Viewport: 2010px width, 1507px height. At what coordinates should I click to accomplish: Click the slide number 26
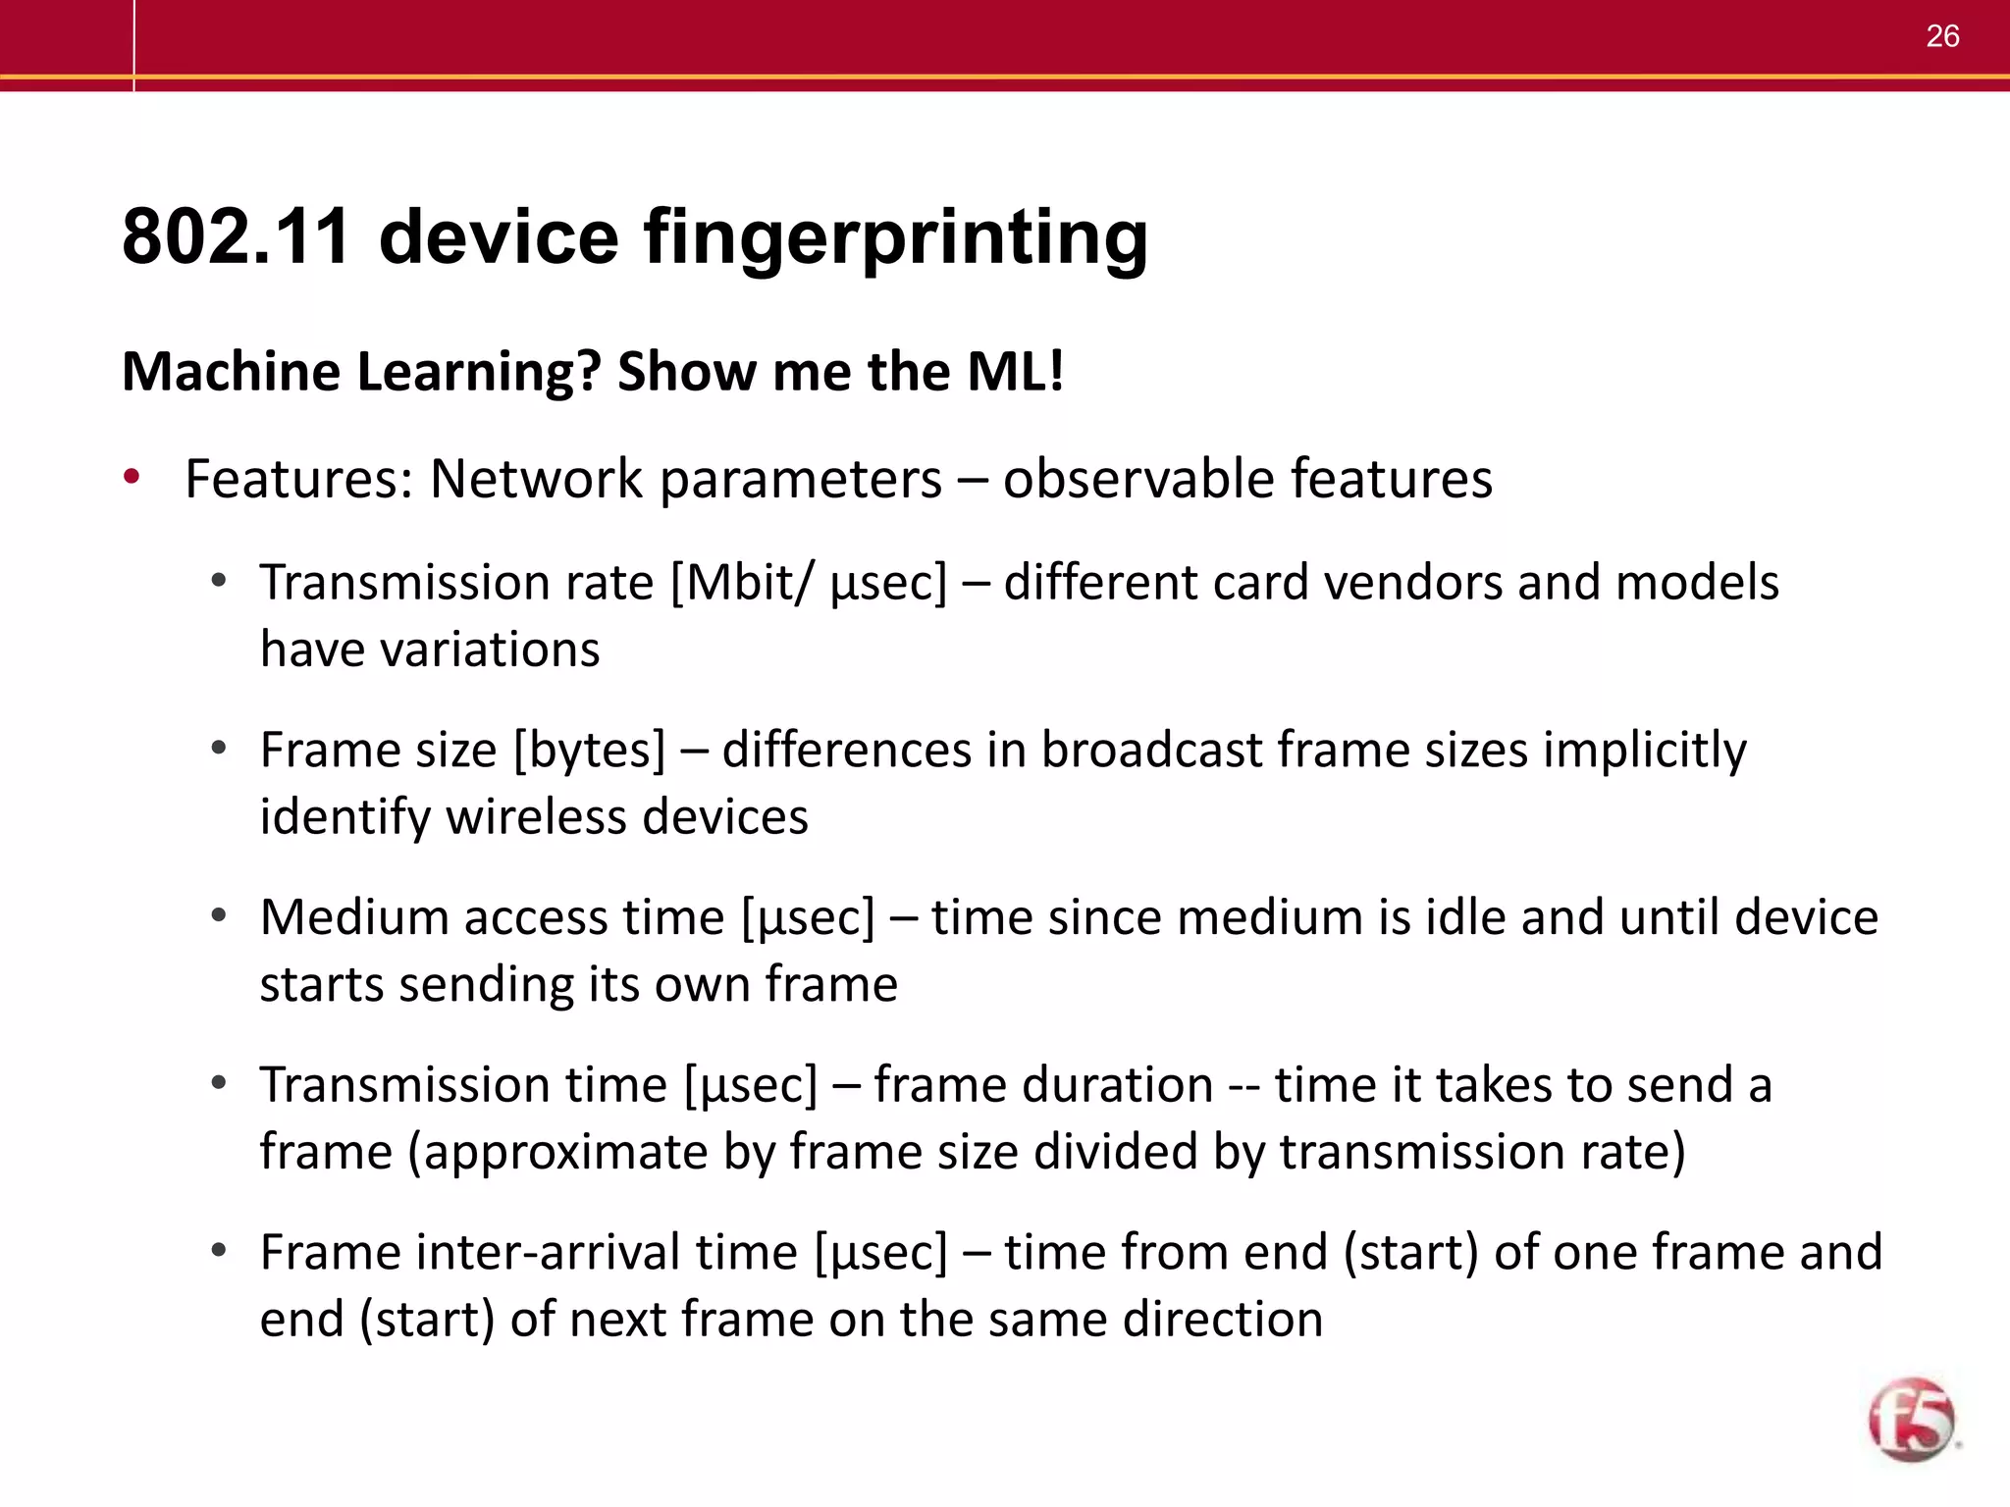[x=1942, y=36]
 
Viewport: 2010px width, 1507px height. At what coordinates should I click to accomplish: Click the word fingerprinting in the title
[x=895, y=238]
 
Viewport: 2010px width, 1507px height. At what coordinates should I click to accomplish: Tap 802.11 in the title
[x=236, y=238]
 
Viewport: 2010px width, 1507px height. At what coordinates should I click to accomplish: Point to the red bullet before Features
[x=132, y=478]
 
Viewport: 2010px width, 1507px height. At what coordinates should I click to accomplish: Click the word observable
[x=1137, y=480]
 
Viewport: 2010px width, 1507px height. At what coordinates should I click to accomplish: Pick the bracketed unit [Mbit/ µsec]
[x=809, y=583]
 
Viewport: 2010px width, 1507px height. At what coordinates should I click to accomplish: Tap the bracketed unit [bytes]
[x=589, y=751]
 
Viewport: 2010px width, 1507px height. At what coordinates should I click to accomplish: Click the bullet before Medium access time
[x=219, y=916]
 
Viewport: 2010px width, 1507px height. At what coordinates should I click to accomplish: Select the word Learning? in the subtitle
[x=478, y=372]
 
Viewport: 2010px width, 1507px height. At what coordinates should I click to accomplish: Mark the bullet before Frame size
[x=219, y=749]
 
